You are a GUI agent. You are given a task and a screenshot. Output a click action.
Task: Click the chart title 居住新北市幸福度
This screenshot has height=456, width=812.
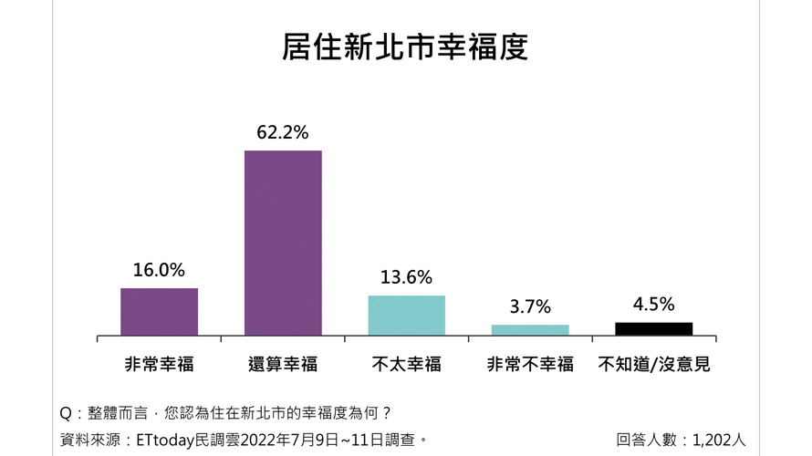[405, 47]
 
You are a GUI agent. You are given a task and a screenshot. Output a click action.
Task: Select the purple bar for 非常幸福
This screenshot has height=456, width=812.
[159, 312]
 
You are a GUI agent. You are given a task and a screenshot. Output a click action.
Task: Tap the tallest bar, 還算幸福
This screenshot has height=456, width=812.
[283, 243]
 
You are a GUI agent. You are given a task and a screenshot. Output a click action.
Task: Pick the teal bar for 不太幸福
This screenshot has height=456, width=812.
[406, 316]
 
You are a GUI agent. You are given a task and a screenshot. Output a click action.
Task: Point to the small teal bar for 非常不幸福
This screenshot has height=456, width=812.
[530, 329]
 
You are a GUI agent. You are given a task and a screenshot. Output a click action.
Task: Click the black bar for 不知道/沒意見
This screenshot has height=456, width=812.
[653, 328]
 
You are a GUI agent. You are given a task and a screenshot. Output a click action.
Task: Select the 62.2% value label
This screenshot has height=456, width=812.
[283, 132]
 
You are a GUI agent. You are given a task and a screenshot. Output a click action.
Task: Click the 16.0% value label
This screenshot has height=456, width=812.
[159, 270]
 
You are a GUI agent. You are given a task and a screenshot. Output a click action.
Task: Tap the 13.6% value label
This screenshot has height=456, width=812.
[406, 277]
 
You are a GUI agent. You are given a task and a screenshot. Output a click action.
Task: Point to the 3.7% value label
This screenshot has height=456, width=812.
[530, 307]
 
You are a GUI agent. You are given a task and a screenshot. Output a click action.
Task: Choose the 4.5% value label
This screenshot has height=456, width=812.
[653, 305]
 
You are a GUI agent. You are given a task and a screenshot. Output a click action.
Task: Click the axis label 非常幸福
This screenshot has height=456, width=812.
[159, 365]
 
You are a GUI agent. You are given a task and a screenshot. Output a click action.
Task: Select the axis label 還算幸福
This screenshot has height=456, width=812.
[283, 365]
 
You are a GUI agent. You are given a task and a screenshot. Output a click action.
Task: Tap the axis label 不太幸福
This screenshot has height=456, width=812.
[406, 365]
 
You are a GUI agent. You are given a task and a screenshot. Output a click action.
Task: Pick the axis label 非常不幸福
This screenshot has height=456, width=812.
[530, 365]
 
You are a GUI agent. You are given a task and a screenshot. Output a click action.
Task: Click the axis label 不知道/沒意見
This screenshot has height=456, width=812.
[653, 365]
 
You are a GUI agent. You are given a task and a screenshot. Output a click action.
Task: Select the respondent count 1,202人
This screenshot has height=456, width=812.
[719, 440]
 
